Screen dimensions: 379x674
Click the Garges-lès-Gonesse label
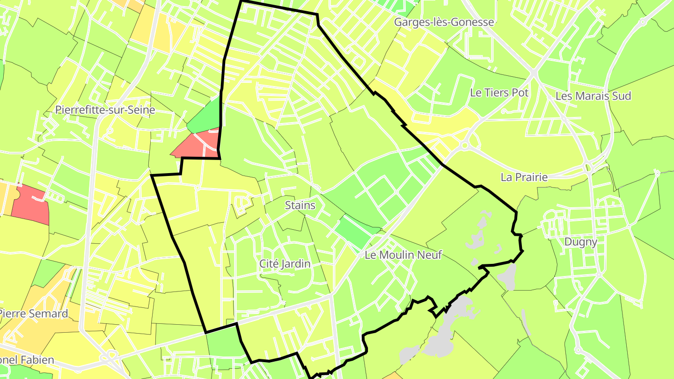pos(444,22)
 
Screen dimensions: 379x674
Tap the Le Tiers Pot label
pos(499,93)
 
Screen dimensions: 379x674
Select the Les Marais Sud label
pos(593,96)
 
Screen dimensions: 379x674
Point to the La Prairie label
pos(524,177)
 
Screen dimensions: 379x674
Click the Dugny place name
pos(580,242)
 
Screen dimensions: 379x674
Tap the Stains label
pos(300,205)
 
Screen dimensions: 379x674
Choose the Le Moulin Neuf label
pos(403,255)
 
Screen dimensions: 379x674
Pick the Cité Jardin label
pos(285,264)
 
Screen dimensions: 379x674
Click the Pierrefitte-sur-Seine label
pos(105,110)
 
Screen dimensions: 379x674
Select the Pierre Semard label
pos(34,313)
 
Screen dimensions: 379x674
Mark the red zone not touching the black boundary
pos(31,204)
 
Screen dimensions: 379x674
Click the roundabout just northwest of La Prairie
pos(464,146)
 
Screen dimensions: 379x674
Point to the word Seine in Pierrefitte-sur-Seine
pos(140,110)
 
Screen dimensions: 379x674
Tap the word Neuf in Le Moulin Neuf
pos(430,255)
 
